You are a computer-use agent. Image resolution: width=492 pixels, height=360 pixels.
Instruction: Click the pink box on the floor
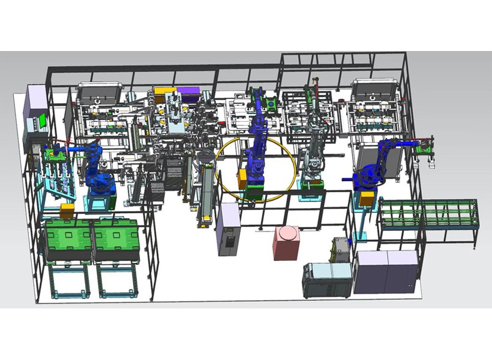coord(287,242)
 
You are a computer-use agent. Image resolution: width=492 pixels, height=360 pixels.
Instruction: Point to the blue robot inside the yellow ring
coord(257,150)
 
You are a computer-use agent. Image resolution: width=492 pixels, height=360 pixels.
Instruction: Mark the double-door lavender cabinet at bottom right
coord(386,271)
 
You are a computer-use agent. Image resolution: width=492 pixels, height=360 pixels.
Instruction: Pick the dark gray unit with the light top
coord(327,280)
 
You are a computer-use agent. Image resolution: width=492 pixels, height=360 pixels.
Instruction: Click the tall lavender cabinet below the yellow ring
coord(229,229)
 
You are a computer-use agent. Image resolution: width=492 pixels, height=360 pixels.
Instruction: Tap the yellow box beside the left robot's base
coord(67,211)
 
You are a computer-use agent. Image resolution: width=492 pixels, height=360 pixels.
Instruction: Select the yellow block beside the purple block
coord(162,93)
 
